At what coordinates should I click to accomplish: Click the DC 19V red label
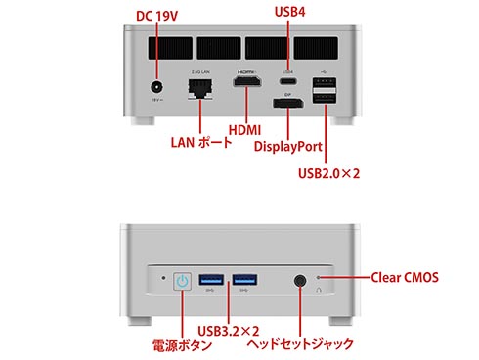coord(156,16)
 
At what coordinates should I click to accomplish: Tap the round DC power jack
coord(157,87)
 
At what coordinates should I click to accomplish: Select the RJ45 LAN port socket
coord(200,89)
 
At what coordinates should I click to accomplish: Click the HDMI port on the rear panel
coord(247,81)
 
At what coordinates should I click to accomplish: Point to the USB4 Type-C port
coord(287,80)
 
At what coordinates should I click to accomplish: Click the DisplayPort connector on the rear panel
coord(288,103)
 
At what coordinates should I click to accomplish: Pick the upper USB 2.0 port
coord(325,82)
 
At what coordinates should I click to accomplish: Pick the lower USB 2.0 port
coord(325,98)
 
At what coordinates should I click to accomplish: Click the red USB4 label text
coord(289,12)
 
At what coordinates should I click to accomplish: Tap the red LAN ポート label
coord(201,142)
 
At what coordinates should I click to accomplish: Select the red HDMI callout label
coord(244,130)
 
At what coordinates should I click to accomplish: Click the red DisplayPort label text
coord(288,146)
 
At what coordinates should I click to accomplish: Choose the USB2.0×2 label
coord(328,173)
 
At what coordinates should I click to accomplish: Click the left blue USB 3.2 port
coord(211,280)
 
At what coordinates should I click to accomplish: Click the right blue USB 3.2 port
coord(244,280)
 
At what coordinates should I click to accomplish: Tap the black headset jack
coord(300,281)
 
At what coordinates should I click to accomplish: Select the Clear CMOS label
coord(405,277)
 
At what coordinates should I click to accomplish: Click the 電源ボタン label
coord(183,345)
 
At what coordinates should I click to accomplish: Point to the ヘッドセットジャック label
coord(300,344)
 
